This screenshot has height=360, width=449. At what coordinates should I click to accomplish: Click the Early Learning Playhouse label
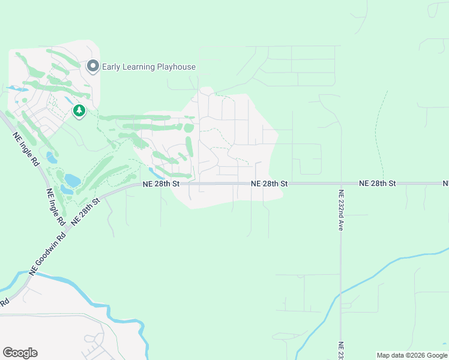tap(148, 67)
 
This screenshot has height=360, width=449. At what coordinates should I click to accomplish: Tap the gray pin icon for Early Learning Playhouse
tap(92, 66)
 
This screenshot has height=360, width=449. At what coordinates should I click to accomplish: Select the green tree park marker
tap(79, 111)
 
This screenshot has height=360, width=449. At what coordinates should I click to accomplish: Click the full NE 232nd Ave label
tap(340, 211)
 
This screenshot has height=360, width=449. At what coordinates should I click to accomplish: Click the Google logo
tap(20, 353)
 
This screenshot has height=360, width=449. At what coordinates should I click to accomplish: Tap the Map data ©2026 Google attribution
tap(412, 355)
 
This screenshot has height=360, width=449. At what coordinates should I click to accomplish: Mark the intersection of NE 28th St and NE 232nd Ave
tap(340, 183)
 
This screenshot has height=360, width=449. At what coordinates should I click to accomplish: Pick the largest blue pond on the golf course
tap(72, 180)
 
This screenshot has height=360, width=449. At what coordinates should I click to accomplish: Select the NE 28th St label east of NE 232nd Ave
tap(378, 183)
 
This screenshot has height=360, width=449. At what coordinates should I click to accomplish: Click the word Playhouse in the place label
tap(176, 67)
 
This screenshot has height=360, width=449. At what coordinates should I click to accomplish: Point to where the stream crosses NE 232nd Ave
tap(340, 293)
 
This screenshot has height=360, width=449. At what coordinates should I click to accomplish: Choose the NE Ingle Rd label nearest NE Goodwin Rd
tap(55, 207)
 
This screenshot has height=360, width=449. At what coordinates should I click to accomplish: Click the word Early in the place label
tap(112, 67)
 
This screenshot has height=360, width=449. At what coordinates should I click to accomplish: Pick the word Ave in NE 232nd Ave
tap(340, 225)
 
